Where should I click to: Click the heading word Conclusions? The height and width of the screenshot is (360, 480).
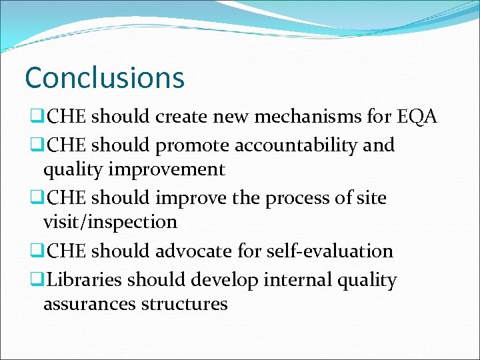104,77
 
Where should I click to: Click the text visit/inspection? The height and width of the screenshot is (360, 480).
110,222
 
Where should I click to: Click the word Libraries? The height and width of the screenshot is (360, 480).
80,280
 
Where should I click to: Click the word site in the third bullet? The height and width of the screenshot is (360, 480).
371,198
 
